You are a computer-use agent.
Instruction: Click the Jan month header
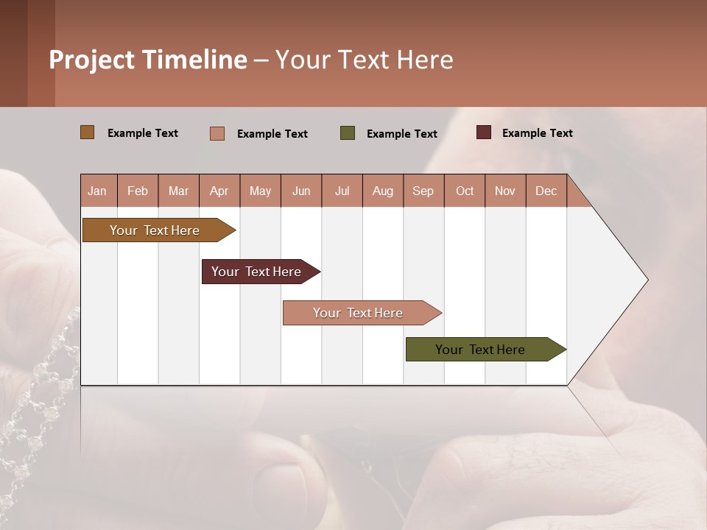tap(98, 191)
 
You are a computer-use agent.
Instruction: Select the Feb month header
tap(138, 191)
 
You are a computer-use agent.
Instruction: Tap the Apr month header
tap(219, 191)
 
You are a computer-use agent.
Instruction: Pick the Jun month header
tap(301, 191)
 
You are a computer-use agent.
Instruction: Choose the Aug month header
tap(383, 191)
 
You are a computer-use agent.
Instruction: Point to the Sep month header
tap(423, 191)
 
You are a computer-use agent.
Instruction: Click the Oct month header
tap(465, 191)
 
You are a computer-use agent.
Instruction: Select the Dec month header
tap(546, 191)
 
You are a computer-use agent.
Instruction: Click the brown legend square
tap(88, 132)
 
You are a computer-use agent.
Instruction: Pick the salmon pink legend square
tap(217, 133)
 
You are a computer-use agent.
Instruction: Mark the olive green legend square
tap(348, 133)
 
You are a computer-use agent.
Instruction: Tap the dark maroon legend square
tap(484, 132)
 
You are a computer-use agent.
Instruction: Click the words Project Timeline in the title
tap(148, 60)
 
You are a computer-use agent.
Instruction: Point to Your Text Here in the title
tap(365, 60)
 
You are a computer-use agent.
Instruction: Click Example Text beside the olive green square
tap(402, 133)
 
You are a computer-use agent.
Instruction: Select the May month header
tap(260, 191)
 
